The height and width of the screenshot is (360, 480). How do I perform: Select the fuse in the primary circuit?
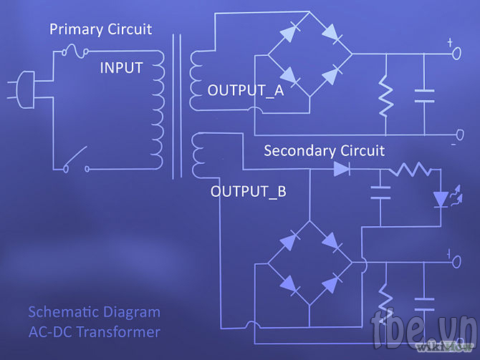(x=75, y=52)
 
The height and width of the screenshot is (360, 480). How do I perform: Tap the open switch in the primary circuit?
(x=76, y=160)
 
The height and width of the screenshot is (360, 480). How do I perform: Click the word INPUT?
(x=122, y=67)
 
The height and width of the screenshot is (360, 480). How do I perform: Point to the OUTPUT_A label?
(x=246, y=90)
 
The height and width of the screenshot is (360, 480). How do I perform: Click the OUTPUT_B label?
(x=249, y=192)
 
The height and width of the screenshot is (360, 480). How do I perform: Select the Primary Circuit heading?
(x=101, y=29)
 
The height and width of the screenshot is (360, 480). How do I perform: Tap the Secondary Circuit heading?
(x=325, y=151)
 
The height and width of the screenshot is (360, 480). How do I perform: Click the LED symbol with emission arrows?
(x=446, y=197)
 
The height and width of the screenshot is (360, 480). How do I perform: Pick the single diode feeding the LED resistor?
(x=342, y=169)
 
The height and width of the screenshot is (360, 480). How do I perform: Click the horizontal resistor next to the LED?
(x=410, y=169)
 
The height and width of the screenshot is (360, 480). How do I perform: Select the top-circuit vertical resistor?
(x=385, y=95)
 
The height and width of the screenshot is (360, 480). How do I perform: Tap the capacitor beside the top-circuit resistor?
(x=424, y=96)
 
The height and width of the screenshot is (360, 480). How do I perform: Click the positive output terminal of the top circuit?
(x=456, y=54)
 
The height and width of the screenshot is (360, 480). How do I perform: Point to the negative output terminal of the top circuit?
(x=460, y=135)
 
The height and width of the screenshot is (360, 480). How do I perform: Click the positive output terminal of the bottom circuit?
(x=456, y=262)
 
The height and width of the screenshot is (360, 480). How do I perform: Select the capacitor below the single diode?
(x=380, y=193)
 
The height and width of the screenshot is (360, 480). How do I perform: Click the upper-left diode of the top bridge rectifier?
(x=289, y=32)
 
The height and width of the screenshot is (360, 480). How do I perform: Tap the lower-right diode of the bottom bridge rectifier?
(x=331, y=284)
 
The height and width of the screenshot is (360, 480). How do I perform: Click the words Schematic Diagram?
(x=95, y=312)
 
